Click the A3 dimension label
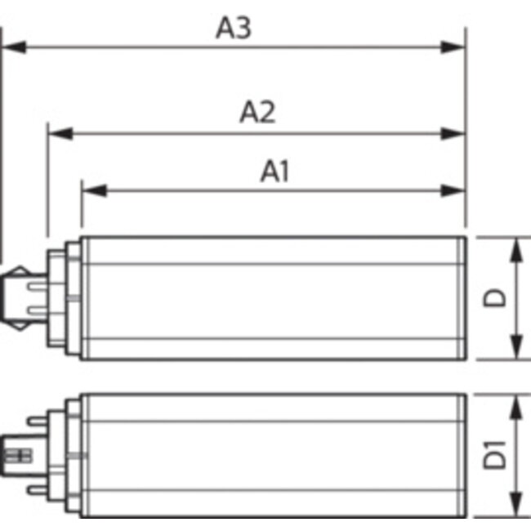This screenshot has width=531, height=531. [234, 28]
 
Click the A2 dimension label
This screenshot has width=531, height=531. [257, 111]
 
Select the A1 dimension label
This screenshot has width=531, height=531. [274, 172]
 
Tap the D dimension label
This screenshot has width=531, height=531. [494, 297]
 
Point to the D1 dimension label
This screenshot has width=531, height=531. [494, 455]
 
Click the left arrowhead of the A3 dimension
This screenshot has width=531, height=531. [14, 47]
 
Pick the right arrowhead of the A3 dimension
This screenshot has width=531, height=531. [453, 47]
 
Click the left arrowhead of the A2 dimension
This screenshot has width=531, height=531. [60, 134]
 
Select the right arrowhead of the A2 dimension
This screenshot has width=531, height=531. [453, 134]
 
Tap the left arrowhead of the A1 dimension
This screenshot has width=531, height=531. [95, 190]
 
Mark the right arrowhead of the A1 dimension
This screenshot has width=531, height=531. [453, 190]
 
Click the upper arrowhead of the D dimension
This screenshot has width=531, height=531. [516, 250]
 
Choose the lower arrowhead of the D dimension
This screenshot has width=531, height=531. [516, 346]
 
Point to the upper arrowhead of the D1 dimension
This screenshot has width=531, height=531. [516, 408]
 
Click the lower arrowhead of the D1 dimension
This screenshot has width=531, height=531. [516, 504]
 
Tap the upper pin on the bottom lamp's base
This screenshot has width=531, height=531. [38, 422]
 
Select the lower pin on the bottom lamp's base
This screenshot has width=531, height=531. [38, 489]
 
